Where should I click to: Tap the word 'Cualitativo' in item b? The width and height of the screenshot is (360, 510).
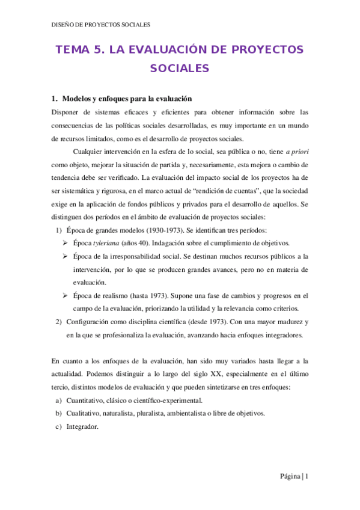pyautogui.click(x=85, y=414)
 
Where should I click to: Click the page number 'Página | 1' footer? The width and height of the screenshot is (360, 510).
pyautogui.click(x=294, y=477)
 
